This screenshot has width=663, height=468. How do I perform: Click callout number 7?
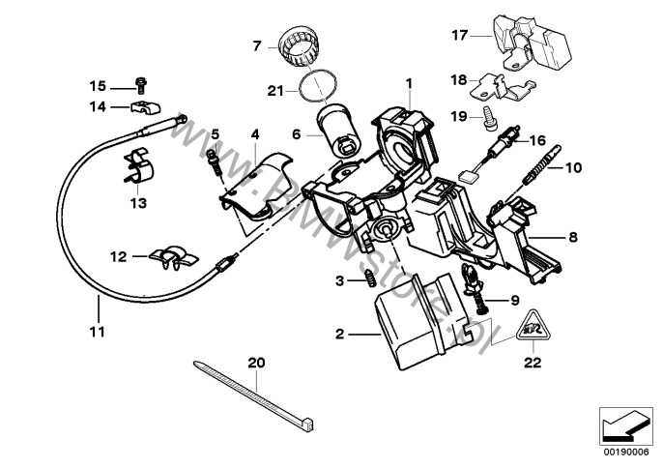pyautogui.click(x=257, y=44)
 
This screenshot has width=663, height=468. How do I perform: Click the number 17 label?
pyautogui.click(x=459, y=35)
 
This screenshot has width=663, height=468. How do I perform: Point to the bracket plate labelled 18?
pyautogui.click(x=499, y=88)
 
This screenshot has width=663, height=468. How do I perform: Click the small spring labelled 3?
pyautogui.click(x=368, y=280)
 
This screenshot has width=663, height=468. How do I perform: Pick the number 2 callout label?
pyautogui.click(x=339, y=335)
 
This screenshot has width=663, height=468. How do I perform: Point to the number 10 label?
pyautogui.click(x=573, y=167)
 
